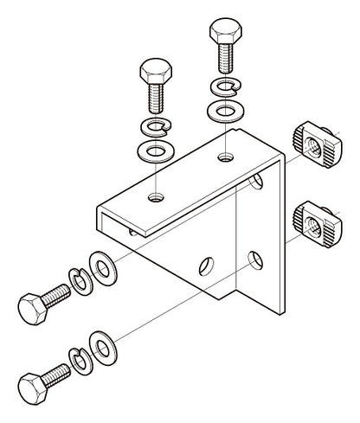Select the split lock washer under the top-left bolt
click(x=155, y=129)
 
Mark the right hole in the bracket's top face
click(x=225, y=157)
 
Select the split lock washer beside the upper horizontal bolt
click(x=80, y=281)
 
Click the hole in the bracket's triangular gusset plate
click(x=206, y=263)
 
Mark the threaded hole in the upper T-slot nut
click(x=316, y=147)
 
